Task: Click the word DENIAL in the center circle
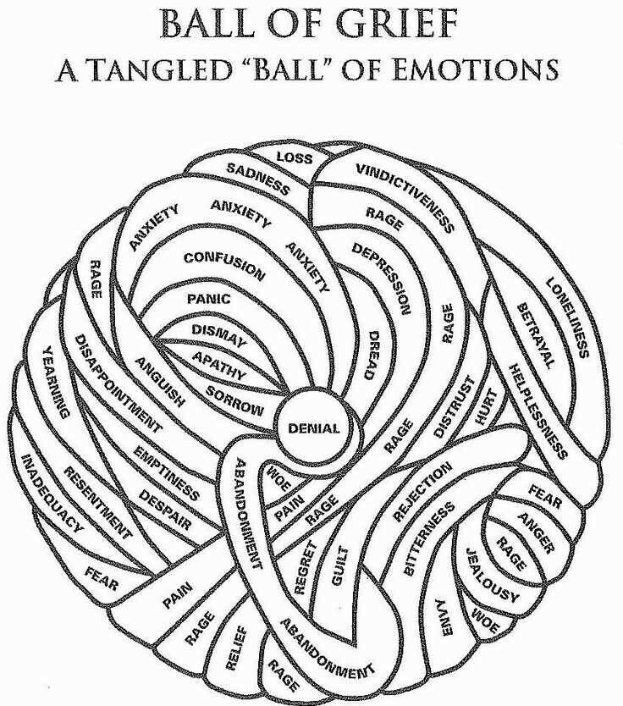tap(314, 428)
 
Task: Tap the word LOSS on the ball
tap(295, 157)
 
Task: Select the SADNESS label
tap(258, 179)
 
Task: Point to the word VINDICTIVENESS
tap(405, 198)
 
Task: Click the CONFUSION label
tap(223, 266)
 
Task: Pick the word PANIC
tap(209, 299)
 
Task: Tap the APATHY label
tap(220, 366)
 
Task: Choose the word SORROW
tap(234, 400)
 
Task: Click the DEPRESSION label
tap(382, 279)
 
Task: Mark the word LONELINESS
tap(567, 318)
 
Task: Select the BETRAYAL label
tap(535, 336)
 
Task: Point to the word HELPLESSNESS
tap(537, 411)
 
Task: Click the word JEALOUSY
tap(492, 576)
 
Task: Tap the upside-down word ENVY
tap(444, 617)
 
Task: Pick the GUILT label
tap(340, 565)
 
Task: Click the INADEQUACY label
tap(52, 494)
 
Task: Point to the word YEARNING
tap(56, 383)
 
